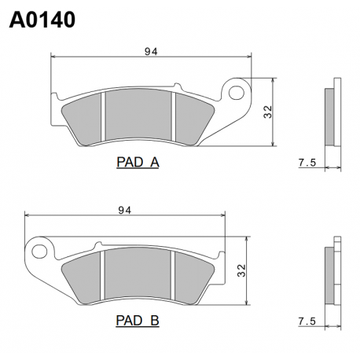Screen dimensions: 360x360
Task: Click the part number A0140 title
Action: [x=42, y=20]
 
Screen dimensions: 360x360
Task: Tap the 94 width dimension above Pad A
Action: [x=151, y=52]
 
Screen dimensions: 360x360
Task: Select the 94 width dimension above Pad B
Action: [x=125, y=210]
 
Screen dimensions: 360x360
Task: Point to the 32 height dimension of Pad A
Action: [x=268, y=112]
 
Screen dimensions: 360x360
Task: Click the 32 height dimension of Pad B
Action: [x=241, y=270]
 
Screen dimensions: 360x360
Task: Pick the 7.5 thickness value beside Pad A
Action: [x=307, y=163]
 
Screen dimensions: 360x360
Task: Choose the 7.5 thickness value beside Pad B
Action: [x=307, y=321]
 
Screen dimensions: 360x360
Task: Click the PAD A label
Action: [x=138, y=163]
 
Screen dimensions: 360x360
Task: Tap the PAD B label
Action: [x=138, y=321]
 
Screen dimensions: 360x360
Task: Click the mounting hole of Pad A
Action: [x=237, y=92]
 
